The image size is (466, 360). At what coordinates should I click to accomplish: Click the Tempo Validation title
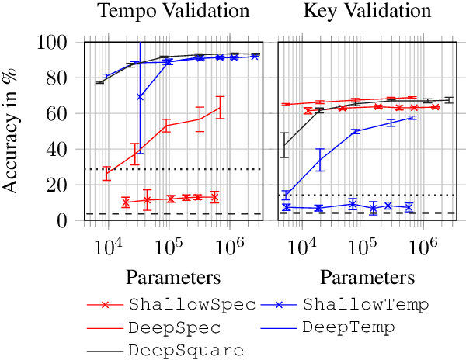pos(172,12)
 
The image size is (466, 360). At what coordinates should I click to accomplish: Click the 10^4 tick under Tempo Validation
pos(108,247)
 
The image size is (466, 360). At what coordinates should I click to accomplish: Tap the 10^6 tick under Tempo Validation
pos(229,247)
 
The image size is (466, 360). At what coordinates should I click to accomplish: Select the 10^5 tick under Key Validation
pos(358,247)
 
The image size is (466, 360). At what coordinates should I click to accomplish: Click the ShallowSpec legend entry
pos(193,304)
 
